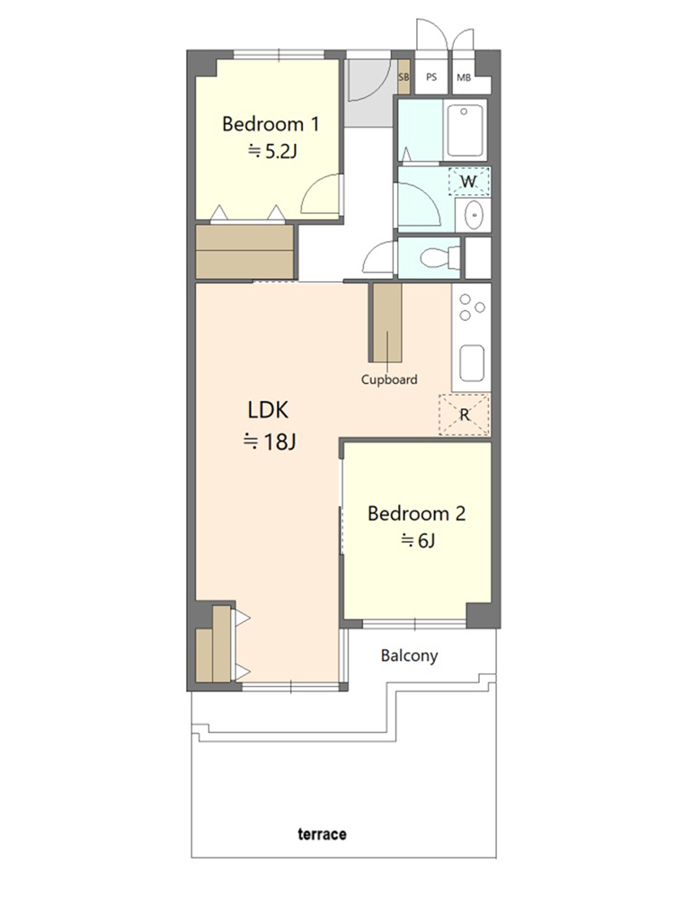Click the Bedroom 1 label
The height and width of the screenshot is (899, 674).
click(270, 124)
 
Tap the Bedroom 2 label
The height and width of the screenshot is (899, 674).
click(417, 513)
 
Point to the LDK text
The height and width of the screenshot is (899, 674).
click(268, 410)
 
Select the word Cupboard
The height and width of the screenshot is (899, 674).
click(389, 379)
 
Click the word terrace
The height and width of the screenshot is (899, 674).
click(322, 833)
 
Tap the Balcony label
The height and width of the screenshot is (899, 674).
click(409, 655)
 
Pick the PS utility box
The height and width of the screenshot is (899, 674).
click(431, 76)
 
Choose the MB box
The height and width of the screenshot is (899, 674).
click(465, 76)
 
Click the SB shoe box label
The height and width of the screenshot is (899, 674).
click(404, 76)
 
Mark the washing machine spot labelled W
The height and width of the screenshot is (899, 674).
click(469, 182)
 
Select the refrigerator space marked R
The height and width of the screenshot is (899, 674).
click(465, 414)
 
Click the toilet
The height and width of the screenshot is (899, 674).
click(439, 257)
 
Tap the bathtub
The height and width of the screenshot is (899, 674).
click(465, 130)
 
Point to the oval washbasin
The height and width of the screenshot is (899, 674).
click(474, 215)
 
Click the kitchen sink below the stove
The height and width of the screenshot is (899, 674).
click(472, 362)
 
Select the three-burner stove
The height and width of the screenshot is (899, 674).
click(472, 307)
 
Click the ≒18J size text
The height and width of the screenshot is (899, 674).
click(270, 442)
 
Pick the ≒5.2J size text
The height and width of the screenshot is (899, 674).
click(272, 151)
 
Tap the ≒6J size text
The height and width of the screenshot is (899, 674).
click(418, 540)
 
